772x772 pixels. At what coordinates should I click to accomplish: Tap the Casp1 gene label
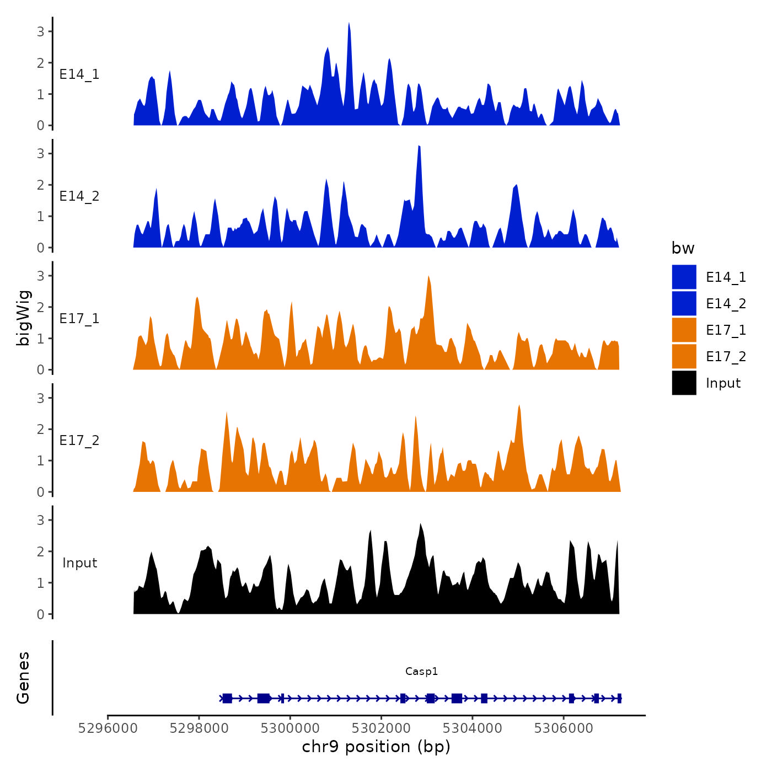coord(421,672)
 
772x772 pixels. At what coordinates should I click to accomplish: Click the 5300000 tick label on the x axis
coord(289,728)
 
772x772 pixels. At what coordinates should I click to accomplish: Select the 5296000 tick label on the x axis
coord(108,728)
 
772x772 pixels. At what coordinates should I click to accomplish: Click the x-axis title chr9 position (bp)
coord(376,747)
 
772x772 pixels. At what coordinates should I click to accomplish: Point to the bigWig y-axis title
coord(24,318)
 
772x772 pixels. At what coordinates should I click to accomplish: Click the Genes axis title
coord(24,678)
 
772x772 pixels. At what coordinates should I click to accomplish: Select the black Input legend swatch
coord(684,383)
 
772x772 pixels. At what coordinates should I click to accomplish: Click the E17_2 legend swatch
coord(684,357)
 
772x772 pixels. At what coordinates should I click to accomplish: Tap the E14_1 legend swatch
coord(684,277)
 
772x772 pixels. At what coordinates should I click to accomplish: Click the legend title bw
coord(683,249)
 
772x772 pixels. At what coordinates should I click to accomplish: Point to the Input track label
coord(79,563)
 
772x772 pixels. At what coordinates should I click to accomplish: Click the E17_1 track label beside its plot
coord(79,319)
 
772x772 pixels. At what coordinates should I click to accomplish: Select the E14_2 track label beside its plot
coord(79,196)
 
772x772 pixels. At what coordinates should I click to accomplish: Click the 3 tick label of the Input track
coord(41,520)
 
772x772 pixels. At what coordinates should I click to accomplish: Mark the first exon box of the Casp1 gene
coord(227,698)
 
